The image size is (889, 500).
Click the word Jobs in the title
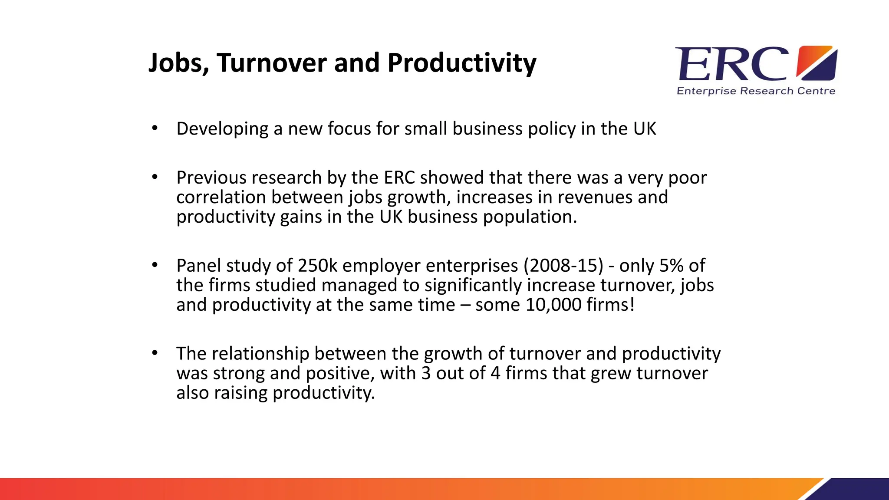tap(178, 63)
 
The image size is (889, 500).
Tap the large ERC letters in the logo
tap(732, 65)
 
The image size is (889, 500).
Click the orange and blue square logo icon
tap(817, 63)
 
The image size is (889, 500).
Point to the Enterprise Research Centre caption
tap(756, 91)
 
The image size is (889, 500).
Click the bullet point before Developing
tap(155, 128)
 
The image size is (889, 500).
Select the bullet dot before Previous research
tap(155, 177)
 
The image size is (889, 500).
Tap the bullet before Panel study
tap(155, 265)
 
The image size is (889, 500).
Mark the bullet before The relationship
tap(155, 353)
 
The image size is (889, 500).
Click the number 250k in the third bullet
tap(317, 266)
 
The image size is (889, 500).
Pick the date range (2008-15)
tap(563, 266)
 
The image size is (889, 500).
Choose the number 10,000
tap(553, 305)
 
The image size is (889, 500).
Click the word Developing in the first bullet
tap(222, 129)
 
